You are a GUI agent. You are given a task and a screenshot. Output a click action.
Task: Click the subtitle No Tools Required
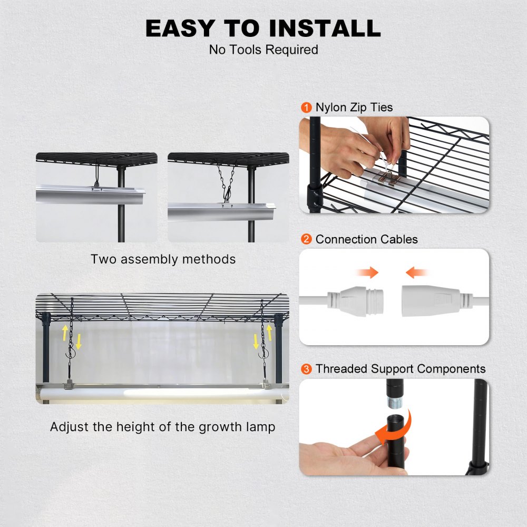click(263, 50)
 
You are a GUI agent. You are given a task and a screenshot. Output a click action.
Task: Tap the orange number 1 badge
click(306, 108)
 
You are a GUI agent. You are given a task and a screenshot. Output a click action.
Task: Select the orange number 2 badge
click(306, 239)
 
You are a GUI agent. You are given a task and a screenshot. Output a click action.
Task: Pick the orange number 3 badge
click(306, 369)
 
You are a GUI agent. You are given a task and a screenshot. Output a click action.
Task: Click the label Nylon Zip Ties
click(354, 108)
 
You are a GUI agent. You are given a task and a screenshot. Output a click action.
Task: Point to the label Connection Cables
click(366, 239)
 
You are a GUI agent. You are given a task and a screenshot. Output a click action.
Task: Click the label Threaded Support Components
click(401, 369)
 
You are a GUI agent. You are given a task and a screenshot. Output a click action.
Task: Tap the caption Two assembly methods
click(163, 259)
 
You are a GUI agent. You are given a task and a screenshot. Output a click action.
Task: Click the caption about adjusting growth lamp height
click(162, 426)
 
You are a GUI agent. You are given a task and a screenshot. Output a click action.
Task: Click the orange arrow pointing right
click(367, 272)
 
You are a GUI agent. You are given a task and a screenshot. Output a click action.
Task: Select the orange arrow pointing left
click(416, 272)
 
